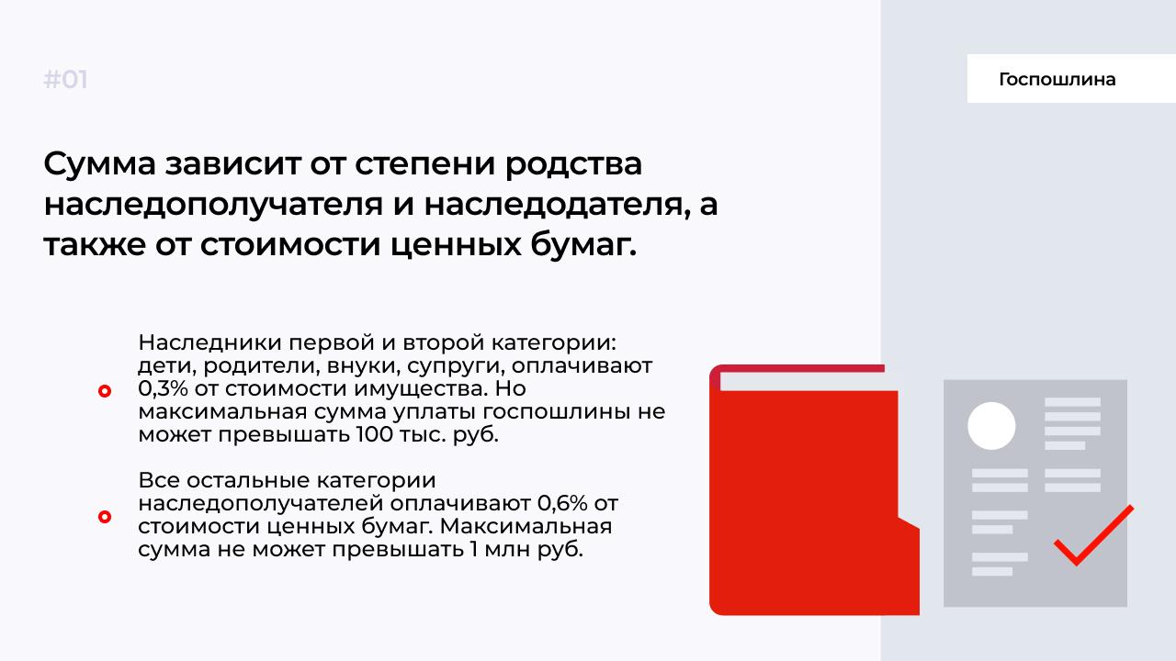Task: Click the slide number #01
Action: click(65, 80)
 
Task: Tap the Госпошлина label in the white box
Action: click(1057, 79)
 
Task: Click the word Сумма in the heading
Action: click(100, 163)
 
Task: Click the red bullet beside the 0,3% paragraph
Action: click(105, 391)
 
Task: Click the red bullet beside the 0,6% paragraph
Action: click(105, 517)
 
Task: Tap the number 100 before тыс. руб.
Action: click(374, 434)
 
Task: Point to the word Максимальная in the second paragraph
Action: click(526, 526)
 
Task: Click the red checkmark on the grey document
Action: click(1093, 535)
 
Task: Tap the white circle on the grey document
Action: click(991, 425)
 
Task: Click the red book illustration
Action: click(814, 490)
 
